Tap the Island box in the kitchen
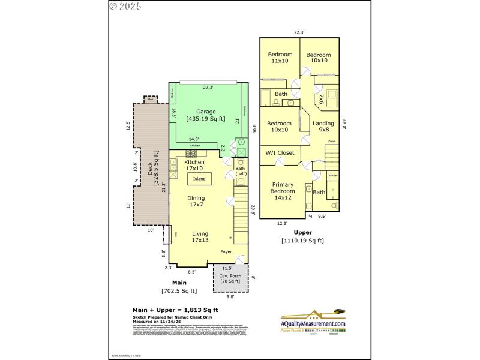(x=199, y=179)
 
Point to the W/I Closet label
(x=280, y=153)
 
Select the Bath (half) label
(x=240, y=171)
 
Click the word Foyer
(x=226, y=251)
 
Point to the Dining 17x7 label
(x=196, y=202)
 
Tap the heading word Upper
(x=302, y=232)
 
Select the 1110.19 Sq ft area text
(x=302, y=241)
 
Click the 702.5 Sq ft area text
(x=179, y=291)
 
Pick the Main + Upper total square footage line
(x=175, y=310)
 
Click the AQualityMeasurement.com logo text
(x=314, y=324)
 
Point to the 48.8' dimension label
(x=344, y=123)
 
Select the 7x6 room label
(x=321, y=98)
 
